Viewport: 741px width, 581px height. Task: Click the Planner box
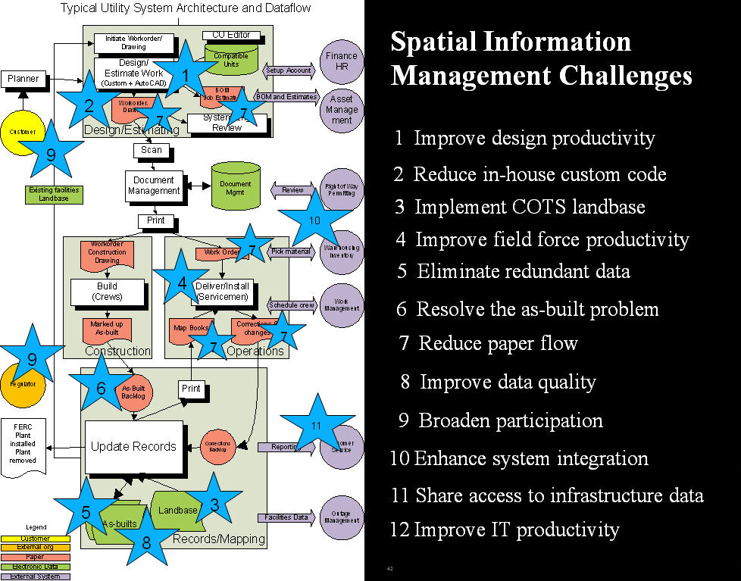tap(23, 78)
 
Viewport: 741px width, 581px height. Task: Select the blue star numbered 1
tap(185, 74)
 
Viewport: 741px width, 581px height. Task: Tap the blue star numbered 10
tap(314, 220)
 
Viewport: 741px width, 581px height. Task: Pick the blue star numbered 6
tap(101, 387)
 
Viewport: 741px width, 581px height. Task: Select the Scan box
tap(152, 150)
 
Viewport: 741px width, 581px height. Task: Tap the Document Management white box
tap(154, 186)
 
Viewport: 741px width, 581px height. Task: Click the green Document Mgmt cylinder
tap(235, 186)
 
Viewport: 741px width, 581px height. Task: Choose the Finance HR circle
tap(341, 61)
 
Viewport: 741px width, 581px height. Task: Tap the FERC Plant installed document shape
tap(23, 447)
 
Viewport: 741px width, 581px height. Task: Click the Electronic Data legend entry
tap(35, 566)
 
